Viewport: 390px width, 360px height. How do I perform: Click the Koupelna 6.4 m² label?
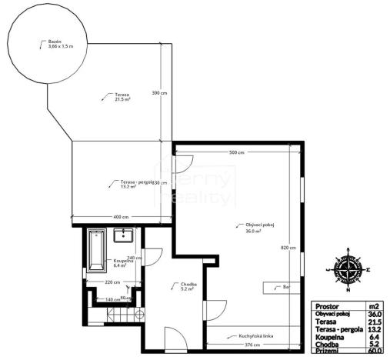(123, 262)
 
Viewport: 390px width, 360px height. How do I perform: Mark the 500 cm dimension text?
(236, 153)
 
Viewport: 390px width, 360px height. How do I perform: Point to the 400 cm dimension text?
(121, 217)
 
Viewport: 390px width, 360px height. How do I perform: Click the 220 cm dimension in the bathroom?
(112, 282)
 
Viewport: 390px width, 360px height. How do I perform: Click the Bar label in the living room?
(286, 288)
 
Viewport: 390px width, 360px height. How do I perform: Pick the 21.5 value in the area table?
(375, 321)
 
